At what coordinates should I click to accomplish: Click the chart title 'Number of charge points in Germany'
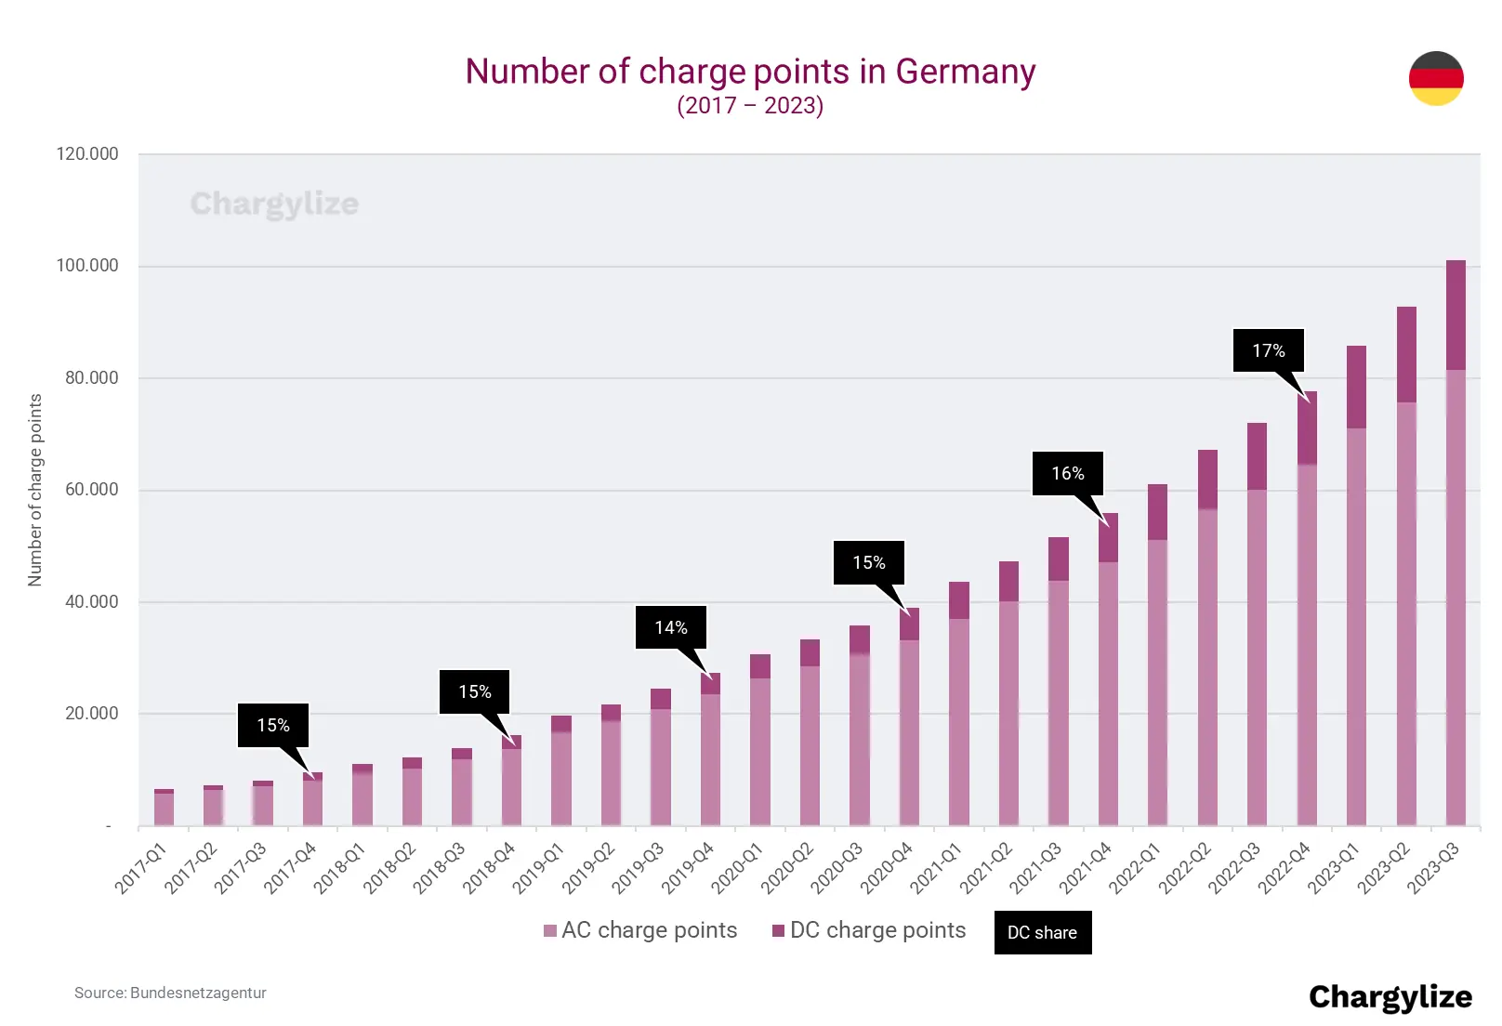click(x=750, y=72)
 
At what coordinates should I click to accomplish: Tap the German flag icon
click(x=1436, y=78)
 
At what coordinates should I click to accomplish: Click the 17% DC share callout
click(x=1268, y=350)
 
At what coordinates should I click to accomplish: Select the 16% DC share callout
click(x=1067, y=473)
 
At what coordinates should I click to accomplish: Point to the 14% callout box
click(x=670, y=627)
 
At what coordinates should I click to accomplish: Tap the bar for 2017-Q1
click(x=164, y=808)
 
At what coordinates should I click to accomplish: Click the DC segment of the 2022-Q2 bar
click(x=1207, y=479)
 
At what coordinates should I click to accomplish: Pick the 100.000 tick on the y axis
click(x=87, y=266)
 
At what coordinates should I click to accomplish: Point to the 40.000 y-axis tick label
click(x=91, y=601)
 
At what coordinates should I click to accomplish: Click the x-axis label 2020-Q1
click(x=737, y=869)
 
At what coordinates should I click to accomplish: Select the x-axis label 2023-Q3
click(x=1433, y=869)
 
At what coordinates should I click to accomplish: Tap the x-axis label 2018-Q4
click(x=489, y=869)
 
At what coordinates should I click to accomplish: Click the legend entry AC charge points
click(x=640, y=930)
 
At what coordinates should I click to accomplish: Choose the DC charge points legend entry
click(x=869, y=930)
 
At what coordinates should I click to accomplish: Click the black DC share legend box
click(x=1042, y=932)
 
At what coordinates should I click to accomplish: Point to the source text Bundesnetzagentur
click(x=170, y=993)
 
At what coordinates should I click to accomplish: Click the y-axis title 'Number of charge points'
click(x=35, y=490)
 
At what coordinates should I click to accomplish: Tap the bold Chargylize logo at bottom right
click(x=1390, y=996)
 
